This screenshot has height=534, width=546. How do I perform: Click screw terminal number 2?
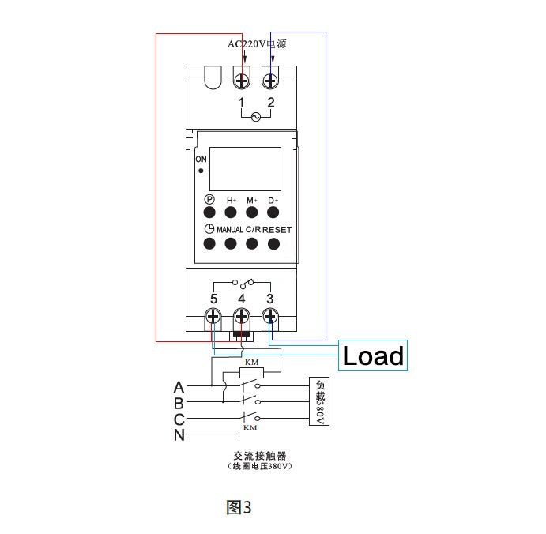click(270, 81)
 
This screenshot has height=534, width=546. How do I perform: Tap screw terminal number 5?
click(213, 318)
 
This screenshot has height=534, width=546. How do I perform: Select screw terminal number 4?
click(242, 318)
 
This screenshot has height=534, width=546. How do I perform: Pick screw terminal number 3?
click(270, 318)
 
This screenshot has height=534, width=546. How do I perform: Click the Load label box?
click(372, 356)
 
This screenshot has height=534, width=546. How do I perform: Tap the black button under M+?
click(251, 213)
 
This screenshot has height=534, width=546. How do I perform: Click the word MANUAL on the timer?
click(229, 230)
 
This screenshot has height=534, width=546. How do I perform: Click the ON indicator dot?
click(201, 171)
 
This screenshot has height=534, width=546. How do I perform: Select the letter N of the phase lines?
click(179, 434)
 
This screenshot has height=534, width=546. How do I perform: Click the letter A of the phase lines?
click(179, 387)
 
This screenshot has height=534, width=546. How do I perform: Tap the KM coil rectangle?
click(254, 372)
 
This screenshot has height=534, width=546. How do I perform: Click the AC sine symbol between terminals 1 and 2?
click(255, 117)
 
